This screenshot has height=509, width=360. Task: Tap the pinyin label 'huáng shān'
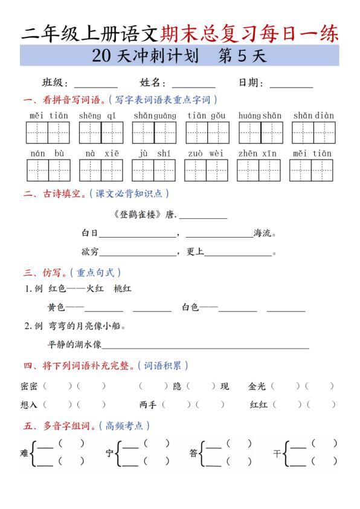coord(260,115)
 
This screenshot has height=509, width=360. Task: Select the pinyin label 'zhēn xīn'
coord(257,154)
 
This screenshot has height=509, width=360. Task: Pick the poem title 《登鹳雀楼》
coord(137,215)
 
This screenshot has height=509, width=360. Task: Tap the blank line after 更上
coord(239,253)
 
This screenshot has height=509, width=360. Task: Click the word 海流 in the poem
coord(262,233)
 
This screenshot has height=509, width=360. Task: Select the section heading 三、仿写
coord(43,273)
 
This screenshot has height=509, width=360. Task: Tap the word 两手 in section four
coord(147,404)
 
